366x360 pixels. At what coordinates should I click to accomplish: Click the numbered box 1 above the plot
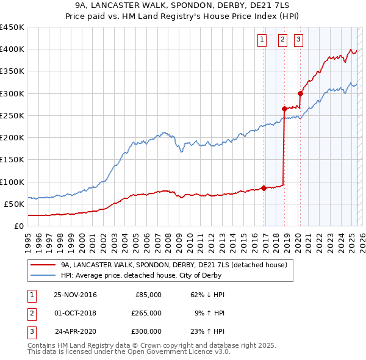(x=262, y=40)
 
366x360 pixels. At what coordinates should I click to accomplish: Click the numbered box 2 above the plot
(x=283, y=40)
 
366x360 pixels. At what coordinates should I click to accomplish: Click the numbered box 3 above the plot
(x=299, y=40)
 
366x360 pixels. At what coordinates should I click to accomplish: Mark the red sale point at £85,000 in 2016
(x=264, y=188)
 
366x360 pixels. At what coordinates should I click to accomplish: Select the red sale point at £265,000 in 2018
(x=284, y=109)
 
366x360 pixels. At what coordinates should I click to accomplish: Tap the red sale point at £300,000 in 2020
(x=300, y=93)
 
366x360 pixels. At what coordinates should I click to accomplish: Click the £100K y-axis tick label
(x=12, y=182)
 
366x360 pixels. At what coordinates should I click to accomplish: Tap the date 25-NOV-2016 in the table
(x=75, y=295)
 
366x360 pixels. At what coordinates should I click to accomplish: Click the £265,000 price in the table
(x=146, y=313)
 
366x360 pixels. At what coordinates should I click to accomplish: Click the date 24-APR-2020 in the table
(x=76, y=331)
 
